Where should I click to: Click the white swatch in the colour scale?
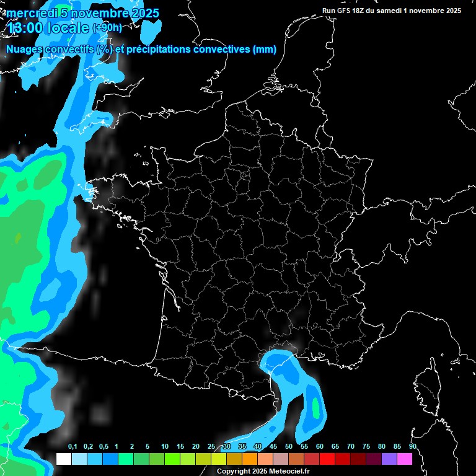click(64, 459)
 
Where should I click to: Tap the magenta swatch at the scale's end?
click(405, 459)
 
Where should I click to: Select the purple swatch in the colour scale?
click(389, 459)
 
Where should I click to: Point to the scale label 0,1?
click(73, 447)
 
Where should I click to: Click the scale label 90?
click(412, 447)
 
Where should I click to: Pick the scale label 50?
click(289, 447)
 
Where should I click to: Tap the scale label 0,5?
click(103, 447)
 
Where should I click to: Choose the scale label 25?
click(211, 447)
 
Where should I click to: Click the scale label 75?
click(366, 447)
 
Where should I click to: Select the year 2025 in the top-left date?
click(141, 13)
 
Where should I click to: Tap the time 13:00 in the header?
click(27, 28)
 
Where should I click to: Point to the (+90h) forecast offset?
click(107, 28)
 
